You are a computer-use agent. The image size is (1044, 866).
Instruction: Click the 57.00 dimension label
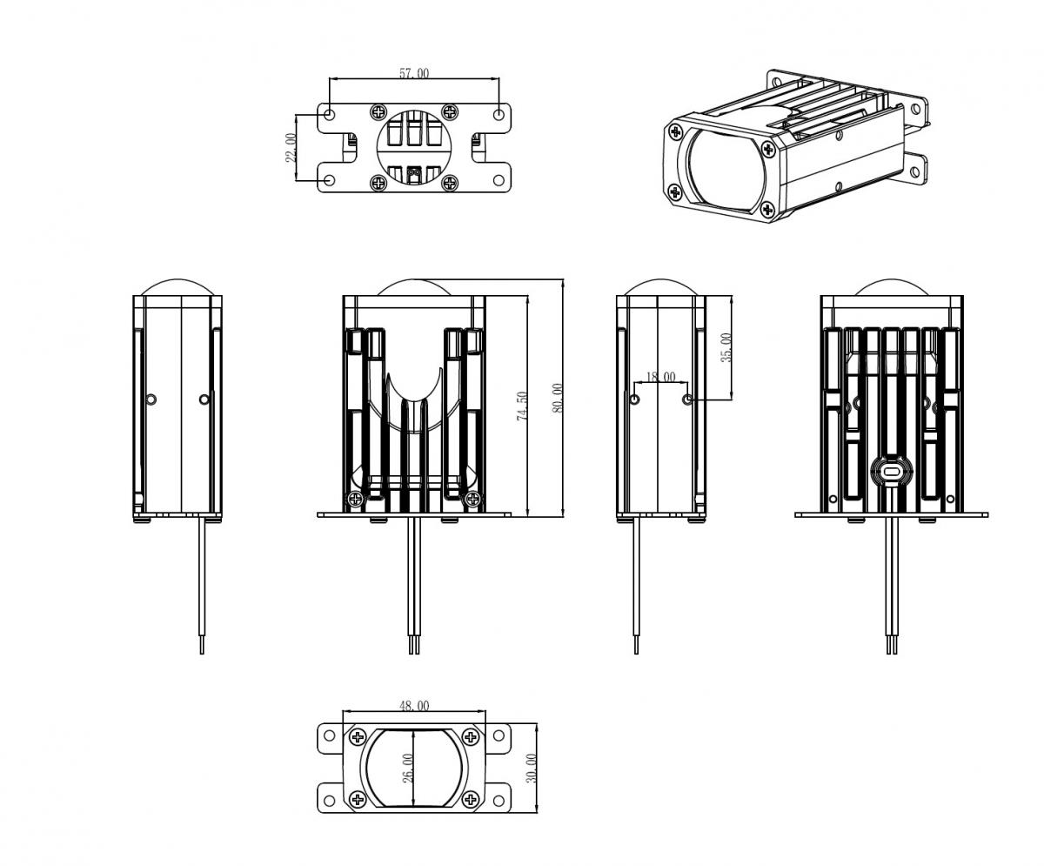tap(414, 73)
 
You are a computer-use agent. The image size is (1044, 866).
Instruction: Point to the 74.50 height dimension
tap(522, 406)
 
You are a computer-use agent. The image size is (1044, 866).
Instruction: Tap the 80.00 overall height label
tap(558, 398)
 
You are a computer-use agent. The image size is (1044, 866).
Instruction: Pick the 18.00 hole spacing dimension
tap(660, 377)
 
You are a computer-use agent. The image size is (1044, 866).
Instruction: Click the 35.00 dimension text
tap(726, 347)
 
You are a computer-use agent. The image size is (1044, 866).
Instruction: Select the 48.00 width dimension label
tap(414, 705)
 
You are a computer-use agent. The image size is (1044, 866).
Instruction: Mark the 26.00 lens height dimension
tap(408, 769)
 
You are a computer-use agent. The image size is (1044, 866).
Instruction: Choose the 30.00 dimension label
tap(532, 769)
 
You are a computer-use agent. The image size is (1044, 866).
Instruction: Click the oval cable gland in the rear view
tap(892, 471)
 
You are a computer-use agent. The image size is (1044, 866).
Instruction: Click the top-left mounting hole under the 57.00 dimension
tap(330, 114)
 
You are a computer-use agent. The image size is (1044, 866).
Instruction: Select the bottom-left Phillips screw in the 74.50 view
tap(355, 499)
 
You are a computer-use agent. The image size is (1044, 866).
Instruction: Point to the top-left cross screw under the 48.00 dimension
tap(357, 737)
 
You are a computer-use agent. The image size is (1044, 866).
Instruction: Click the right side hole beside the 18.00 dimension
tap(688, 399)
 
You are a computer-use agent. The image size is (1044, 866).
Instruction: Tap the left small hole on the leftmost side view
tap(151, 399)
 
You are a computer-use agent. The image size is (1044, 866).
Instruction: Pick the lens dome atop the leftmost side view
tap(177, 287)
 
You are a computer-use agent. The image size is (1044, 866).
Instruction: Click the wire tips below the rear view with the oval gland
tap(892, 647)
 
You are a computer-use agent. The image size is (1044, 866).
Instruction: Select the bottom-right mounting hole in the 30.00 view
tap(499, 799)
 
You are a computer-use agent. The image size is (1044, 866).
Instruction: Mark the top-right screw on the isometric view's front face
tap(767, 149)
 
